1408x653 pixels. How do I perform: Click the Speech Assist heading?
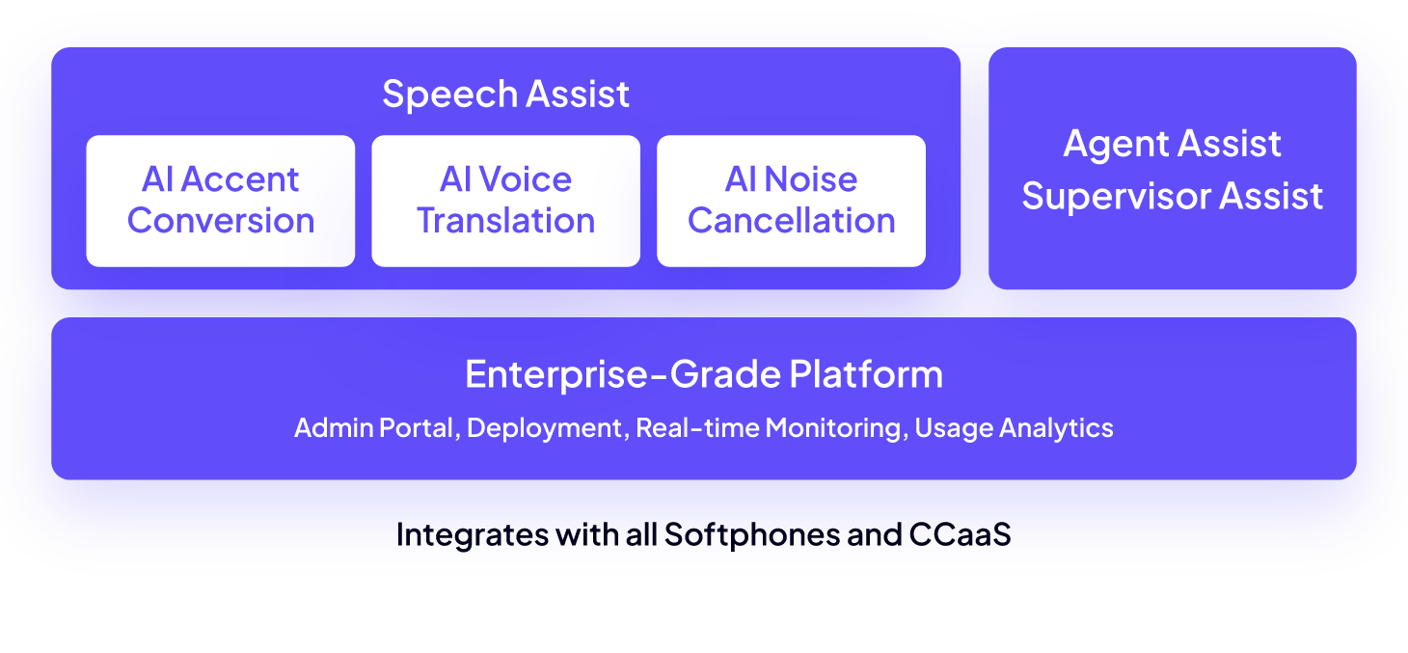click(505, 95)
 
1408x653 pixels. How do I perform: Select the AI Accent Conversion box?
click(221, 201)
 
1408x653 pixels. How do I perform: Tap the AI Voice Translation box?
click(505, 201)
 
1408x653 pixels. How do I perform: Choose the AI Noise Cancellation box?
click(791, 201)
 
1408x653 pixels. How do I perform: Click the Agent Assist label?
click(1172, 145)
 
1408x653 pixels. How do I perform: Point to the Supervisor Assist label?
click(1172, 197)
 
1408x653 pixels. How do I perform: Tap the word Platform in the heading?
click(866, 374)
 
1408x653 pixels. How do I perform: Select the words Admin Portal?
click(373, 427)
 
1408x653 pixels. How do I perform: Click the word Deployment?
click(545, 427)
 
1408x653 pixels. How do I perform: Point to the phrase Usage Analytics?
click(1014, 427)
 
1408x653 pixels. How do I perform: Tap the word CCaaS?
click(960, 534)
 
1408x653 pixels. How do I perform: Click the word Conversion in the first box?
click(221, 221)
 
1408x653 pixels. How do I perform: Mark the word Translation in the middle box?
click(505, 221)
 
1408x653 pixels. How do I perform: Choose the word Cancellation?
click(791, 221)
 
